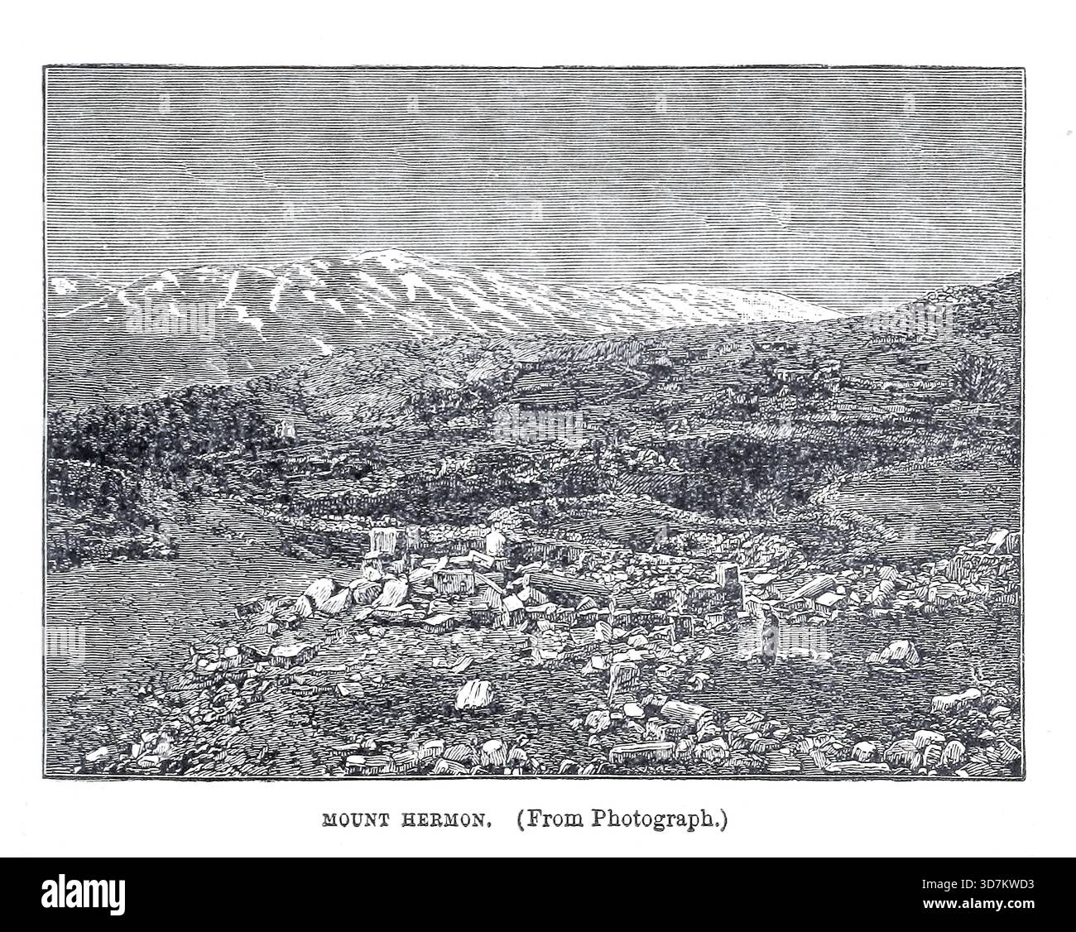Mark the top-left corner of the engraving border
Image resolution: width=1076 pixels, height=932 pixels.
(46, 67)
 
